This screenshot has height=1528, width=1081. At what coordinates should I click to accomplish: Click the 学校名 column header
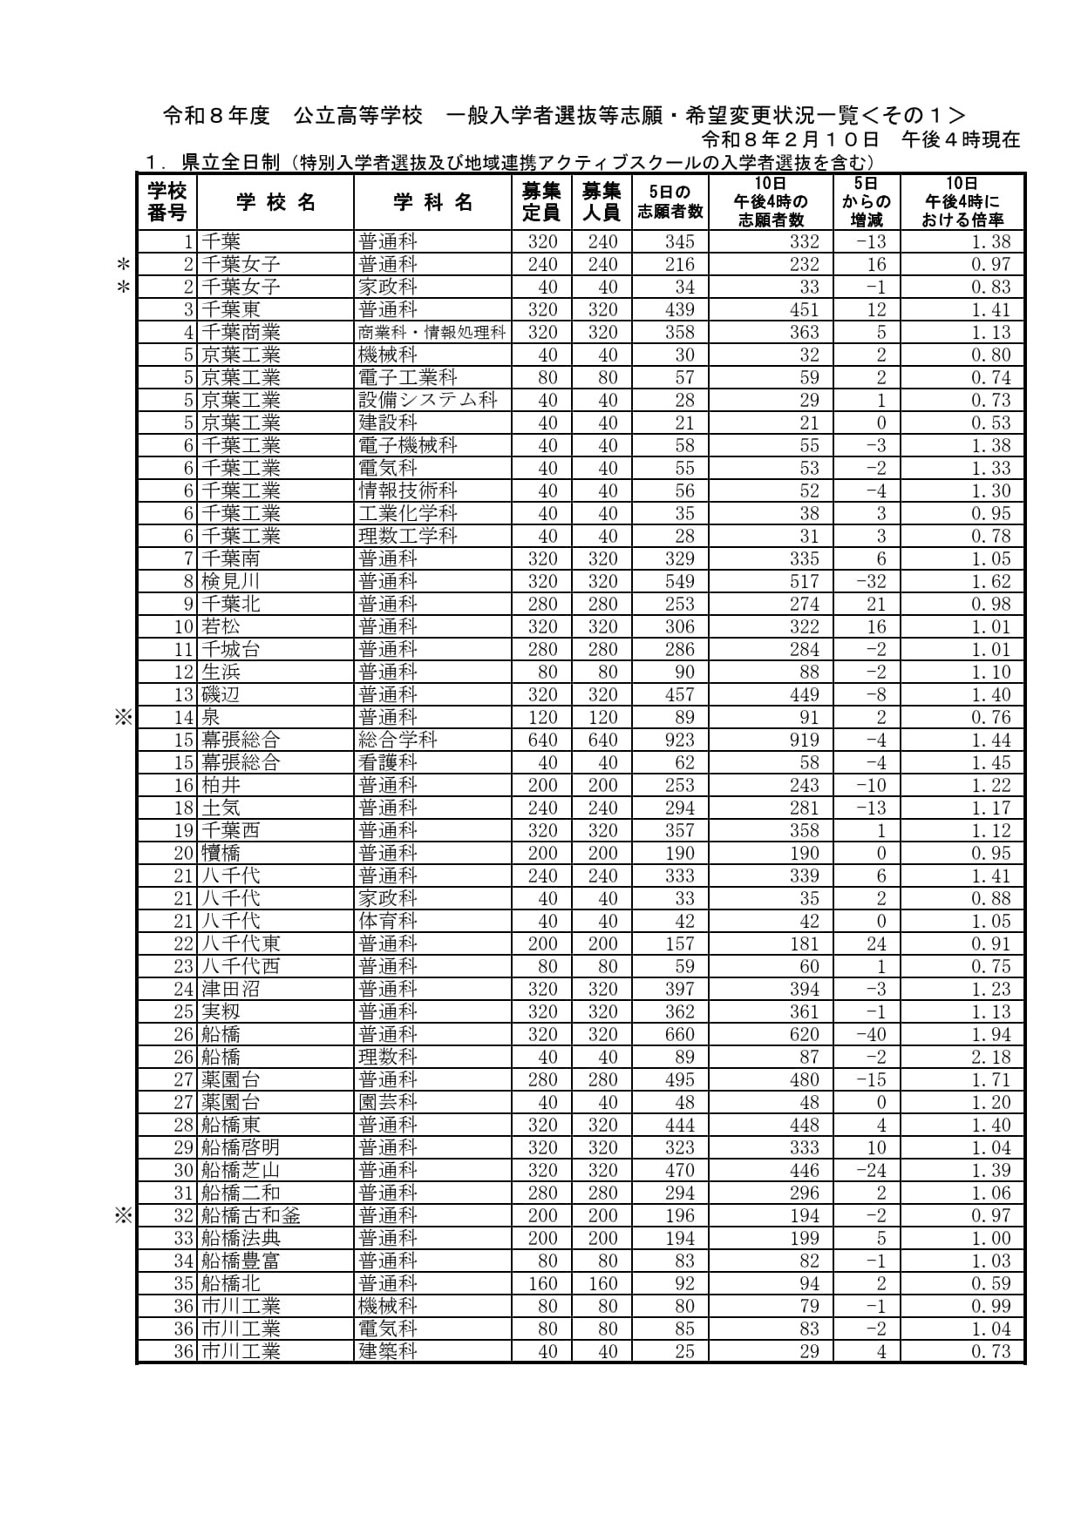coord(275,203)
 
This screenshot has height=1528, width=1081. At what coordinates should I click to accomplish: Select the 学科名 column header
coord(432,203)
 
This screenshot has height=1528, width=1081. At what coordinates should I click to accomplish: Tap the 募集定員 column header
coord(541,202)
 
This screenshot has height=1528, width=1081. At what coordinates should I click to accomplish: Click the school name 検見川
coord(230,581)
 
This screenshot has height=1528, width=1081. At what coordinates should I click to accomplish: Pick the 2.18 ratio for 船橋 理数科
coord(991,1057)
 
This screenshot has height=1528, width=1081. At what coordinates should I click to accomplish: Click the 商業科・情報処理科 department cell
coord(432,332)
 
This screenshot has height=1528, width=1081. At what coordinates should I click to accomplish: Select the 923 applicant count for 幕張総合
coord(679,740)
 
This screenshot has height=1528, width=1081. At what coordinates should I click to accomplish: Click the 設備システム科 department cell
coord(428,400)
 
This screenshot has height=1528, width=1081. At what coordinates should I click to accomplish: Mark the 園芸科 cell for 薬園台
coord(388,1102)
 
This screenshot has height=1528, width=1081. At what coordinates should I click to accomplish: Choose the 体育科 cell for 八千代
coord(388,921)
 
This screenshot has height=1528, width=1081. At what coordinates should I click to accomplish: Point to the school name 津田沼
coord(230,989)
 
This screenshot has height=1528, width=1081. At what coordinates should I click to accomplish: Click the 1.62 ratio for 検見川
coord(991,581)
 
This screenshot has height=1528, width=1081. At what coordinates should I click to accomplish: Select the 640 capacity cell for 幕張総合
coord(542,740)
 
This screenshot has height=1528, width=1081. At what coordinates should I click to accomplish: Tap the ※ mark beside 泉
coord(123,717)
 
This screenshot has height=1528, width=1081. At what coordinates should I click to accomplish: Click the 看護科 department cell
coord(388,762)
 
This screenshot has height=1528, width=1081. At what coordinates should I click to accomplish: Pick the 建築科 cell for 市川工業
coord(388,1351)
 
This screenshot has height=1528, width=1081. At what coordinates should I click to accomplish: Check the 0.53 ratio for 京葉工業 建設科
coord(991,423)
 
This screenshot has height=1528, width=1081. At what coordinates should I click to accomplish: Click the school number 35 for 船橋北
coord(183,1283)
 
